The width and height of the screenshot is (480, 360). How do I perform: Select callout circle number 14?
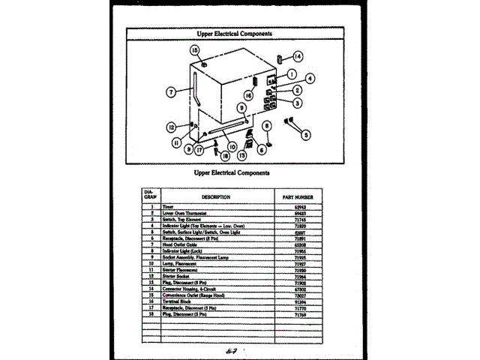click(298, 57)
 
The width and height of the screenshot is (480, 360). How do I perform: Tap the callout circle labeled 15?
click(194, 50)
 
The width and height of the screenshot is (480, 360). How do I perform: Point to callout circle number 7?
click(172, 91)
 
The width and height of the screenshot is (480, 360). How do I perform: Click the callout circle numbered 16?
click(248, 94)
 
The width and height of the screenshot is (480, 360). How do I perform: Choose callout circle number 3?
click(298, 103)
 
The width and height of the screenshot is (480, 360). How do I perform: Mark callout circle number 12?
click(172, 127)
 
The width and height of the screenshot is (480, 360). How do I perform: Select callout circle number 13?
click(242, 155)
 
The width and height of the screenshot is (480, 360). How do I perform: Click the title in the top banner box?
click(234, 34)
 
